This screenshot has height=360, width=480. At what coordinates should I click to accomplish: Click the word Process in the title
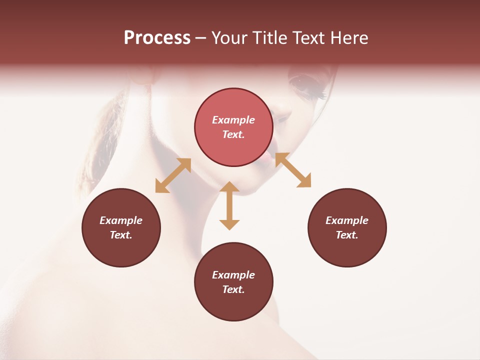pos(157,38)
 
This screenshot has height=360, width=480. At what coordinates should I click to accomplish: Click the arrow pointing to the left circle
pos(173,175)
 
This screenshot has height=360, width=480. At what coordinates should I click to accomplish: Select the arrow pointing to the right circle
pos(293,170)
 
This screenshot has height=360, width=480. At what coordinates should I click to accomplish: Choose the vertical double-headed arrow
pos(229,205)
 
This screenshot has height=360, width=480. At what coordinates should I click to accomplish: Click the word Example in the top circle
pos(233,120)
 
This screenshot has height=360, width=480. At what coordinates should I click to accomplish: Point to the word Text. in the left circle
pos(121,235)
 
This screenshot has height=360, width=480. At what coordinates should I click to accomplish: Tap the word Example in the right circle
pos(347,220)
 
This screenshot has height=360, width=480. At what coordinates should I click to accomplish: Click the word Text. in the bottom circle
pos(233,289)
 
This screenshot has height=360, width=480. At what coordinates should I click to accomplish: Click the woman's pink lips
pos(267,157)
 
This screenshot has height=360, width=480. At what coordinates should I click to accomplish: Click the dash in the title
pos(200,38)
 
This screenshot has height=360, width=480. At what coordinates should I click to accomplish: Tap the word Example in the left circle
pos(121,220)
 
